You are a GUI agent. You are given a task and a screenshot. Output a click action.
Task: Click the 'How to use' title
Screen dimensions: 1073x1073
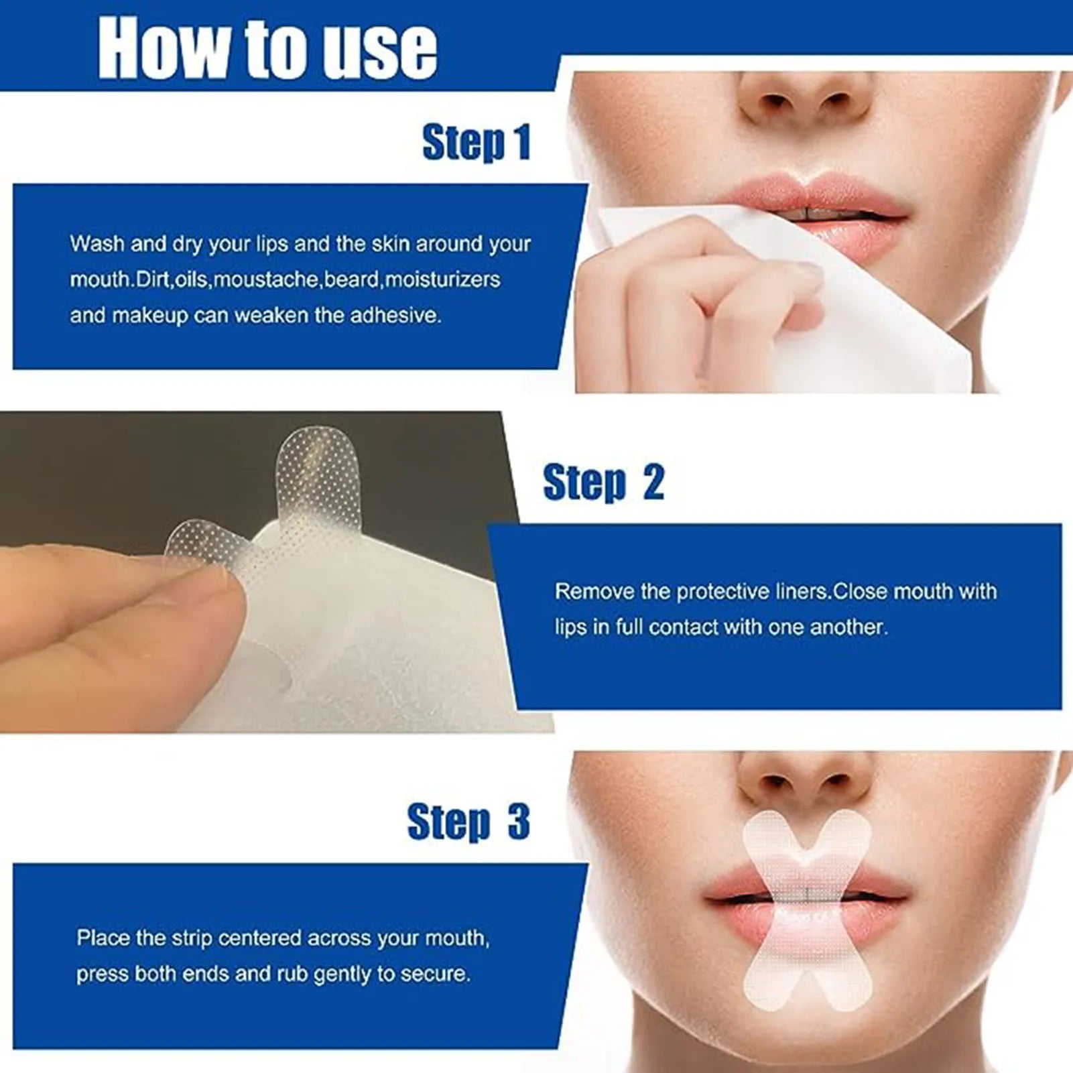(x=267, y=48)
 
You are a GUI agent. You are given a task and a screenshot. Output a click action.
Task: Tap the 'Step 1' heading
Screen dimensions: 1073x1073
(x=476, y=142)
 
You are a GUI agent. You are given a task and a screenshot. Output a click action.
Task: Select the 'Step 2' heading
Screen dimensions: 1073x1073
(x=603, y=482)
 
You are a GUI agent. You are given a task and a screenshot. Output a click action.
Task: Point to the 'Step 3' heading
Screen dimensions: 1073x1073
(x=468, y=822)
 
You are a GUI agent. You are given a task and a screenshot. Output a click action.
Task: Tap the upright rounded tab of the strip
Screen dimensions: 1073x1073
(x=309, y=469)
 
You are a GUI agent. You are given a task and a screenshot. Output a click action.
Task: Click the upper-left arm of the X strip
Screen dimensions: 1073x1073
(x=767, y=838)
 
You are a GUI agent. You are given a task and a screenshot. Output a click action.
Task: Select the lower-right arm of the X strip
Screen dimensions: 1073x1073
(x=846, y=985)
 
